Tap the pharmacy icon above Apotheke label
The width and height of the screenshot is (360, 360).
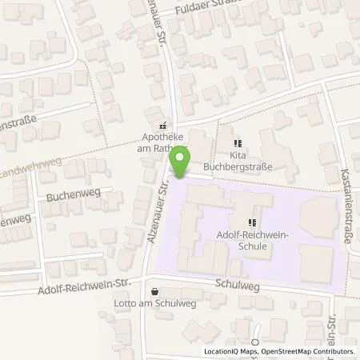click(x=162, y=125)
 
